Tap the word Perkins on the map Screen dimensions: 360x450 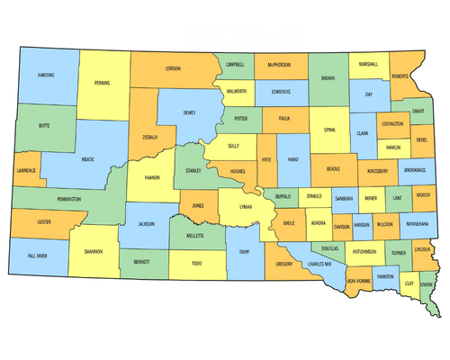102,83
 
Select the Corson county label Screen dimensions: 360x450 173,68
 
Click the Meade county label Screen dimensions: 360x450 88,159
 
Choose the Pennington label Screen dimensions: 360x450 68,198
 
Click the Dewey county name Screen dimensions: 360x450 189,113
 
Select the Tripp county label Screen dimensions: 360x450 243,253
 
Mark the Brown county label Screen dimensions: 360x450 328,79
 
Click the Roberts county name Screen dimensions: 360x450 399,76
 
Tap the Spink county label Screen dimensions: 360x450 329,130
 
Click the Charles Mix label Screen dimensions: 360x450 319,265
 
